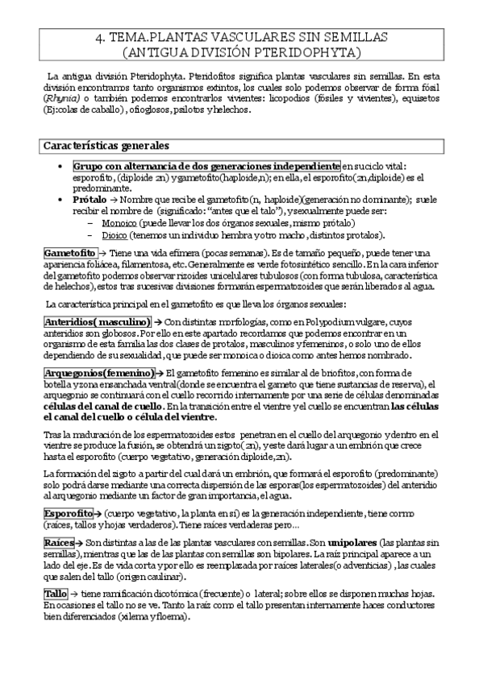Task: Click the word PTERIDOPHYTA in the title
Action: coord(314,53)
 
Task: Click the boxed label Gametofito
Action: coord(70,253)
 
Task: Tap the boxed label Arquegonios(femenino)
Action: coord(99,373)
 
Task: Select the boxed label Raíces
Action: coord(59,544)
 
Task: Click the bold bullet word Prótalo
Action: coord(87,199)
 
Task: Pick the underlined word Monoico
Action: coord(119,222)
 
